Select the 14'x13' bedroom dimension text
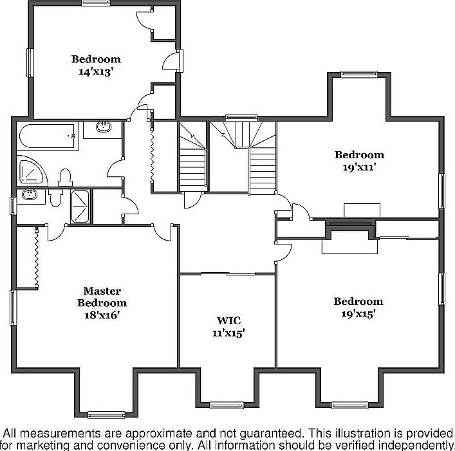click(96, 71)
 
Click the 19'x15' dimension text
click(358, 313)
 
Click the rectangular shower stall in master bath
click(81, 205)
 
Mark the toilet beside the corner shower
click(65, 177)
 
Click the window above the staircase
click(241, 118)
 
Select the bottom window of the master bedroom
click(105, 414)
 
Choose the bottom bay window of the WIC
click(228, 405)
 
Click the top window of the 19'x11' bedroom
click(359, 75)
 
